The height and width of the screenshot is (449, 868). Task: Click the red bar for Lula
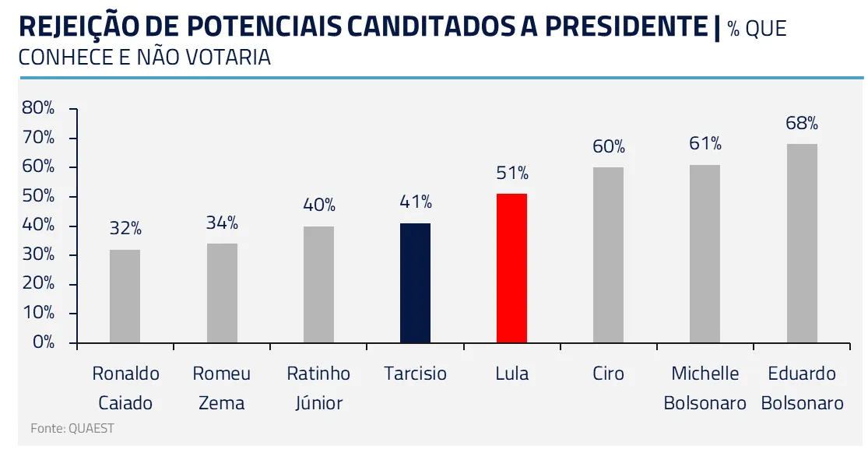pos(511,268)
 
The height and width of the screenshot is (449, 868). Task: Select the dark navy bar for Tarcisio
pos(415,283)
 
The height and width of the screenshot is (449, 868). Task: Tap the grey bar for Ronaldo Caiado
pos(125,296)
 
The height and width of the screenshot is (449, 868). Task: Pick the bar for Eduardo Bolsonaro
pos(802,244)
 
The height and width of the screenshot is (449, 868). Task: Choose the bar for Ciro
pos(608,255)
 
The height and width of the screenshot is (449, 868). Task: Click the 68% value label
pos(802,123)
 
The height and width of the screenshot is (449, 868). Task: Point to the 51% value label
pos(511,173)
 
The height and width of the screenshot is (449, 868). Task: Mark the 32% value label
pos(125,229)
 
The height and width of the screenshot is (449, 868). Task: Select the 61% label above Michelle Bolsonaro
pos(705,144)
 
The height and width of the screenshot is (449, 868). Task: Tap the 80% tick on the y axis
pos(39,109)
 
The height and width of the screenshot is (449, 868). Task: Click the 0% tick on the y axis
pos(44,342)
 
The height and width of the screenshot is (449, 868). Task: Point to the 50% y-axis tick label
pos(39,197)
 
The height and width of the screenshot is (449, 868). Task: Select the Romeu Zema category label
pos(222,388)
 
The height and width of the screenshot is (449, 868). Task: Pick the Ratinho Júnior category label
pos(318,388)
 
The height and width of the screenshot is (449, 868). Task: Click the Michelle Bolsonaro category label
pos(705,388)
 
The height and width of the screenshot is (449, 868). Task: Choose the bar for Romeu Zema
pos(222,293)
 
